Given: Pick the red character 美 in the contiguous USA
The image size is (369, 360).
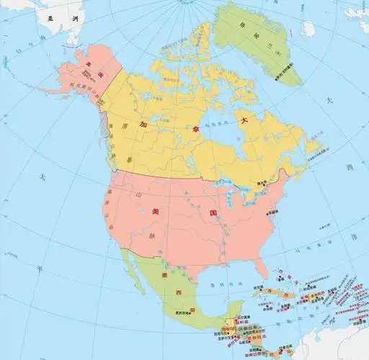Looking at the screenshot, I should pos(155,210).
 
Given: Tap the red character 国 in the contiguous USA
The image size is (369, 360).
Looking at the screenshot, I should pos(213,214).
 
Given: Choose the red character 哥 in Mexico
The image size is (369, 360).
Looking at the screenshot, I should pos(192,310).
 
